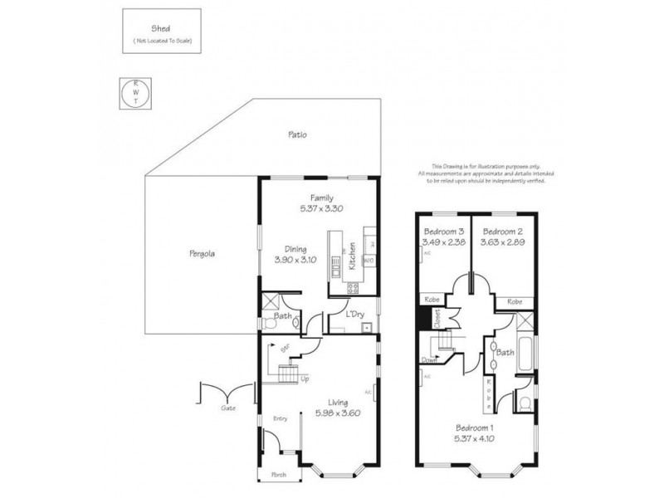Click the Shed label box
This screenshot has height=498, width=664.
161,32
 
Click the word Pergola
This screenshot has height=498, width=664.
202,255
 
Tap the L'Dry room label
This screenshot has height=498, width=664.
355,314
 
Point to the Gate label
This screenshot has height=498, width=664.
228,408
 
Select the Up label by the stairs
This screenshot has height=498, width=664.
305,380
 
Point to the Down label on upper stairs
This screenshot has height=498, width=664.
430,361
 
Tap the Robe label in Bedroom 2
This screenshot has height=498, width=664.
514,302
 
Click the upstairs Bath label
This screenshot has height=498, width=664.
505,352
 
